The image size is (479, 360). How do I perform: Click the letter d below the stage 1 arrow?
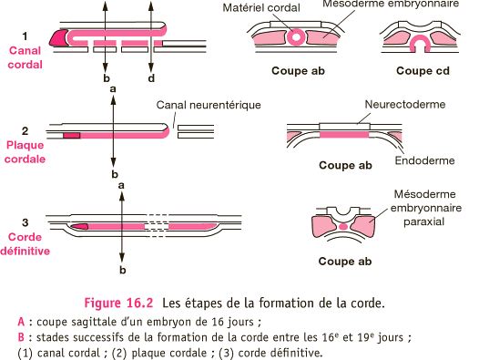(150, 78)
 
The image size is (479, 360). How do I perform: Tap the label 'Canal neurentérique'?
(209, 105)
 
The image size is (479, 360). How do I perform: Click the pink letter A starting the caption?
(22, 321)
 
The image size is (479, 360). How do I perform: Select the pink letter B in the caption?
(22, 337)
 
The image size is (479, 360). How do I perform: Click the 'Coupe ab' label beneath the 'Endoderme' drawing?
(345, 167)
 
